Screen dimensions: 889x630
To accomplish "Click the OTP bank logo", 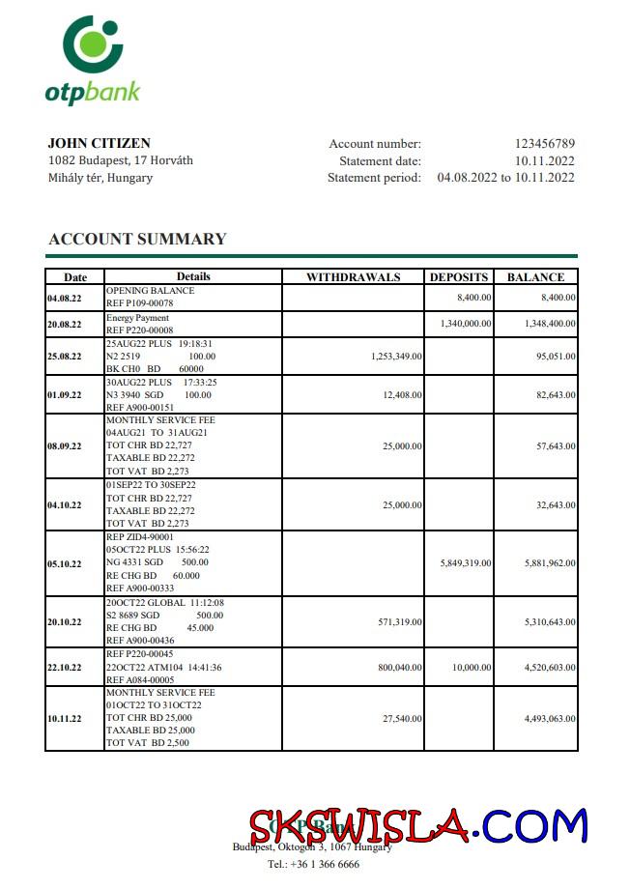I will coord(93,60).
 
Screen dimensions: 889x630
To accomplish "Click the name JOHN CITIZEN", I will coord(99,143).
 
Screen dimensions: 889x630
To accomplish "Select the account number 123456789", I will coord(544,144).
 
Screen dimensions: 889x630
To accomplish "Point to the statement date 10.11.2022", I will coord(544,160).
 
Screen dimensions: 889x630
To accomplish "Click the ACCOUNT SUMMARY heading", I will coord(137,239).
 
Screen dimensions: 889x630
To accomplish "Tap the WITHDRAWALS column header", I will coord(353,277).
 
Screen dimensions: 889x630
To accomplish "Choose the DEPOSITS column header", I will coord(459,277).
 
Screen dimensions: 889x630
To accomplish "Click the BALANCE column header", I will coord(535,277).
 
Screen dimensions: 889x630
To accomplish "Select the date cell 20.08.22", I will coord(64,325).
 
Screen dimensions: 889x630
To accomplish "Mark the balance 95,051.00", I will coord(550,357).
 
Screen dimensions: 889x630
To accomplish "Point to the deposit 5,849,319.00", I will coord(466,563).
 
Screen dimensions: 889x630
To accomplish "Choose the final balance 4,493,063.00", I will coord(550,719).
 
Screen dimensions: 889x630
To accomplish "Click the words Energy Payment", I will coord(137,318).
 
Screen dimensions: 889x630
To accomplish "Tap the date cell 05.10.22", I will coord(64,563).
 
